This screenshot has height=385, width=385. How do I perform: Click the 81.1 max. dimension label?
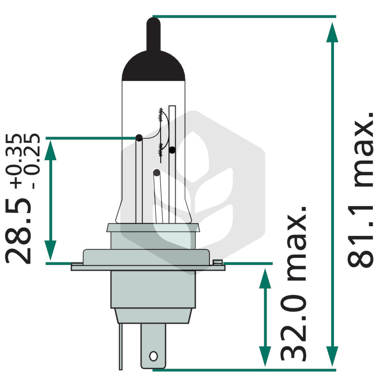360,190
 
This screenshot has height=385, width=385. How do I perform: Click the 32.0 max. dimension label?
294,283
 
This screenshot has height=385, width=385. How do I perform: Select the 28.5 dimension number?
18,231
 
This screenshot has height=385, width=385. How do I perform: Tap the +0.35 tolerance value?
14,161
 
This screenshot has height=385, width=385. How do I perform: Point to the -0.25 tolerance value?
31,161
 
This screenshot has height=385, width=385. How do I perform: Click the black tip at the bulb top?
154,34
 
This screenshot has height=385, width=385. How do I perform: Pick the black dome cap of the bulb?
154,66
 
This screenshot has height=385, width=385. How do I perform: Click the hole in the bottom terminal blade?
154,356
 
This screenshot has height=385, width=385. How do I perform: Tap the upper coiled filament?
161,115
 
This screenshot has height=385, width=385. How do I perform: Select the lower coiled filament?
161,150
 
